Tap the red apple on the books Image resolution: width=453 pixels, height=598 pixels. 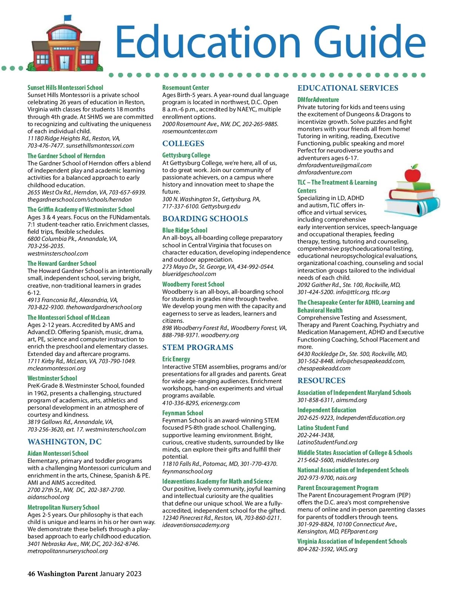coord(412,174)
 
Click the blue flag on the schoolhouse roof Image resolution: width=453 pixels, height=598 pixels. coord(68,18)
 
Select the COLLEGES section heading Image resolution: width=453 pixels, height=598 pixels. coord(183,144)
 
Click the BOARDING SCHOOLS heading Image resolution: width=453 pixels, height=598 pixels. coord(205,219)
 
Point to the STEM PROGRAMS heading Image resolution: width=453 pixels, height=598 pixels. coord(198,348)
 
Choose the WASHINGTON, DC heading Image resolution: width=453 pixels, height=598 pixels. coord(65,442)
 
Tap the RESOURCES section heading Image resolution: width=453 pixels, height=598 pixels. coord(321,381)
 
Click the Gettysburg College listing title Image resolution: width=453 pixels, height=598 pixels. coord(186,155)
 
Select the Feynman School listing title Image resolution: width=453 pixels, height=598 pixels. coord(183,413)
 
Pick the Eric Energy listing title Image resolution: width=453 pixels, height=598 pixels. coord(176,359)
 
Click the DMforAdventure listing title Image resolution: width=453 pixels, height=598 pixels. coord(318,100)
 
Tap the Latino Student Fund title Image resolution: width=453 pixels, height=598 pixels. coord(323,428)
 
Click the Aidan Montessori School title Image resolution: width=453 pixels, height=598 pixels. coord(58,453)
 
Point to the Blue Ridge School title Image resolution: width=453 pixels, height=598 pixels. coord(185,230)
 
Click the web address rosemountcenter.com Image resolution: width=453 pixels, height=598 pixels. coord(190,131)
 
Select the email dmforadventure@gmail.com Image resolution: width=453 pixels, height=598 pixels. coord(334,165)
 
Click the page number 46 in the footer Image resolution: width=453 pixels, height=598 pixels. coord(31,574)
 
